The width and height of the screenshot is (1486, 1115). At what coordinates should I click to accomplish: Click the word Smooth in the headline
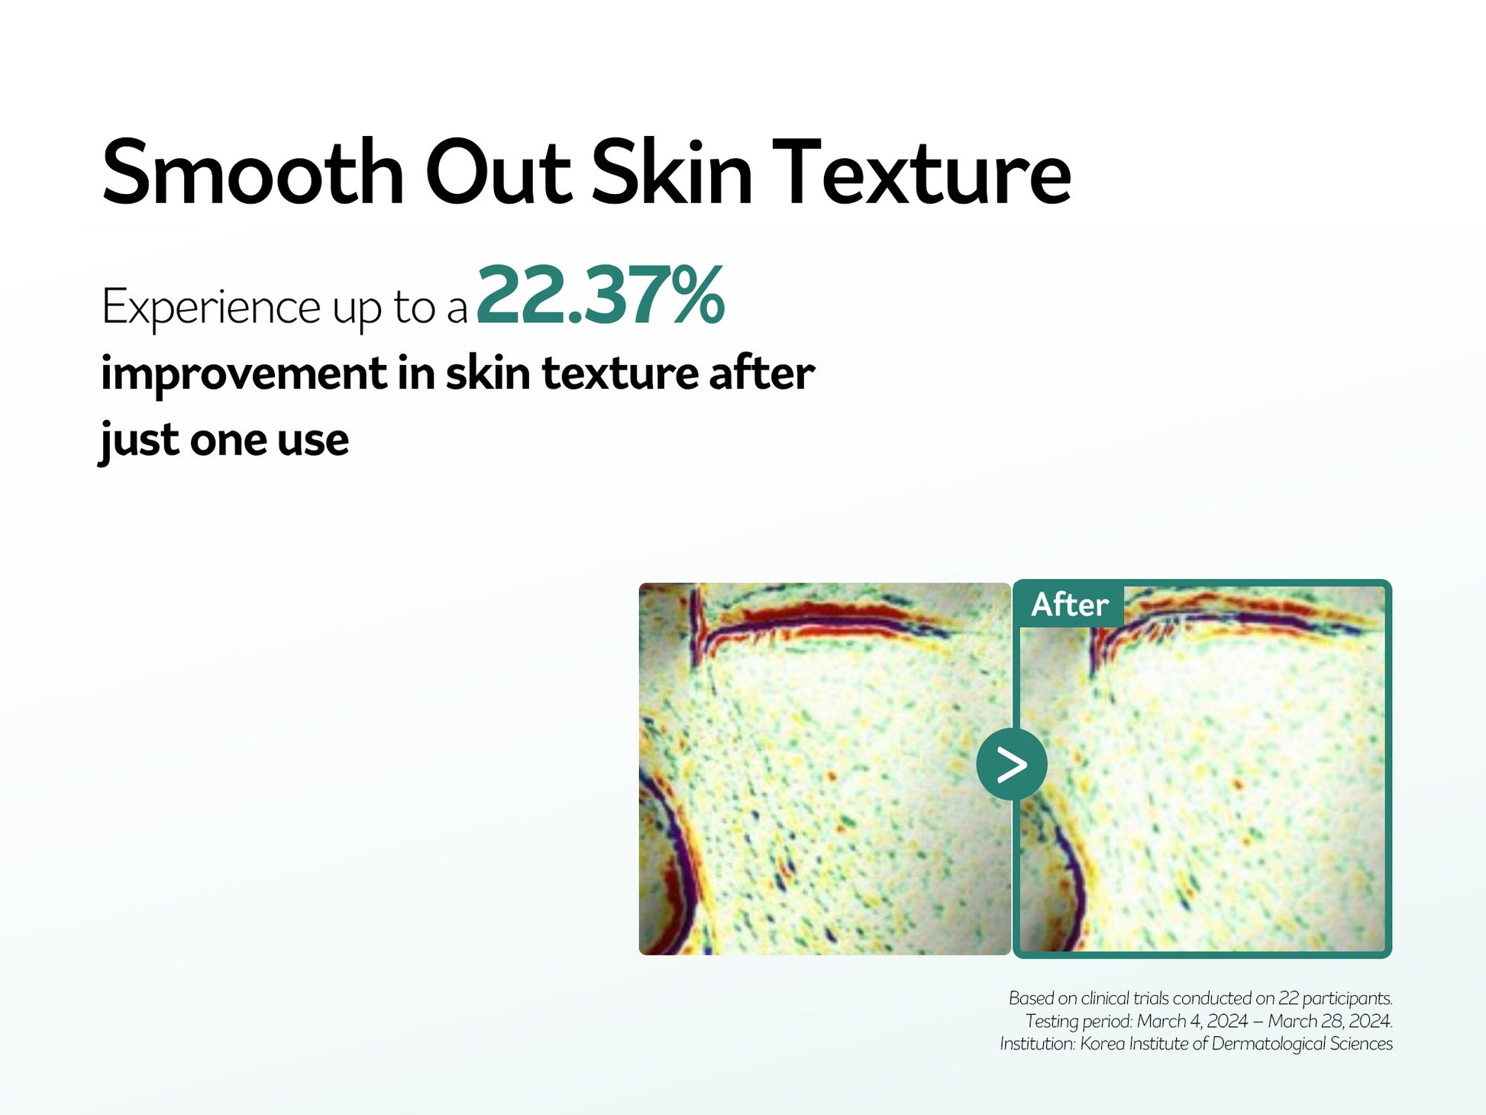pos(253,172)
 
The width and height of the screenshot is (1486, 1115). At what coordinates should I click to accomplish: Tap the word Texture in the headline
pos(922,172)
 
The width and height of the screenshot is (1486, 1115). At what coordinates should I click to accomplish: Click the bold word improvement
pos(244,374)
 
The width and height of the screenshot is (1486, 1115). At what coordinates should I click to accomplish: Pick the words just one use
pos(225,441)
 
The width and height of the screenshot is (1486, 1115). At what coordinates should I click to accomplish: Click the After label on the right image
pos(1069,605)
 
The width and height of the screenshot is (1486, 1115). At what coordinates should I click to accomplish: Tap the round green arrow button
pos(1012,764)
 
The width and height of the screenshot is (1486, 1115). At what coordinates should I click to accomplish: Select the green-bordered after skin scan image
pos(1202,769)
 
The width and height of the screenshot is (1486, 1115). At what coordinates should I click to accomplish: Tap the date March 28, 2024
pos(1330,1021)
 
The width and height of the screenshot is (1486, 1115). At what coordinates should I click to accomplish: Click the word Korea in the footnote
pos(1102,1044)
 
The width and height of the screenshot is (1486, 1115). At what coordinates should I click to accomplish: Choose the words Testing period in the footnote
pos(1078,1022)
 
